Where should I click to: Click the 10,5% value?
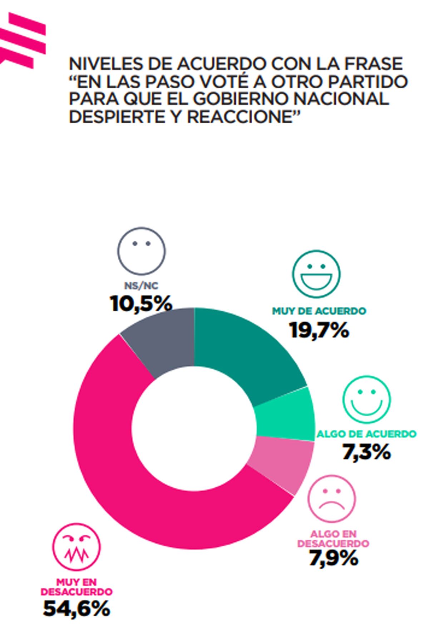141,304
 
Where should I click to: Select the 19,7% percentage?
319,330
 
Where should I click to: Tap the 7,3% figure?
366,452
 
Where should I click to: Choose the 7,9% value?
333,558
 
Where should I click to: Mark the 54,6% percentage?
77,609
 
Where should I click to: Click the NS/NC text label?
141,286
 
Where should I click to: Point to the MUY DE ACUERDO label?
319,311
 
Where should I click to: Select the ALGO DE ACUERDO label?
366,434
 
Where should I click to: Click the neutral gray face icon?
142,251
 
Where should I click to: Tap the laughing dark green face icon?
316,274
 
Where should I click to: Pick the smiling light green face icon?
367,399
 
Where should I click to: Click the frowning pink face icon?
332,498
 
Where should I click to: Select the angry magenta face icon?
77,547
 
